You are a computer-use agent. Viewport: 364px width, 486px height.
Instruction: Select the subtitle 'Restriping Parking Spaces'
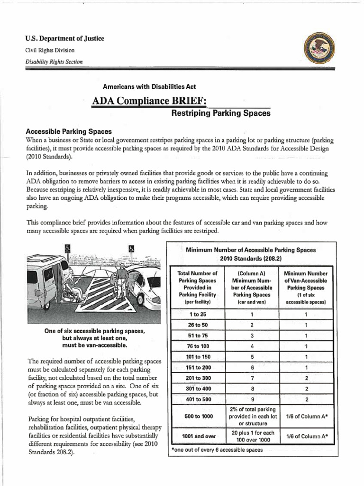[220, 113]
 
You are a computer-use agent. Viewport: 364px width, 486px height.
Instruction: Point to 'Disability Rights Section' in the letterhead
[47, 62]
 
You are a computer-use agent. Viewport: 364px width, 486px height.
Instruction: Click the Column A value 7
[252, 378]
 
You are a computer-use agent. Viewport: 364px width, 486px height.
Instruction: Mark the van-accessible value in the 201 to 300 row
[307, 378]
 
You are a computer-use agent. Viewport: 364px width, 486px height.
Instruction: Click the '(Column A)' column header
[252, 273]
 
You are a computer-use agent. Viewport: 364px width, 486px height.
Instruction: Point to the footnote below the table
[216, 449]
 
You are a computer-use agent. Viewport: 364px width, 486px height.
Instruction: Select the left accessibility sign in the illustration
[67, 248]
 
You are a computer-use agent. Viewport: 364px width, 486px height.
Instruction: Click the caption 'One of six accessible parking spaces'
[94, 331]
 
